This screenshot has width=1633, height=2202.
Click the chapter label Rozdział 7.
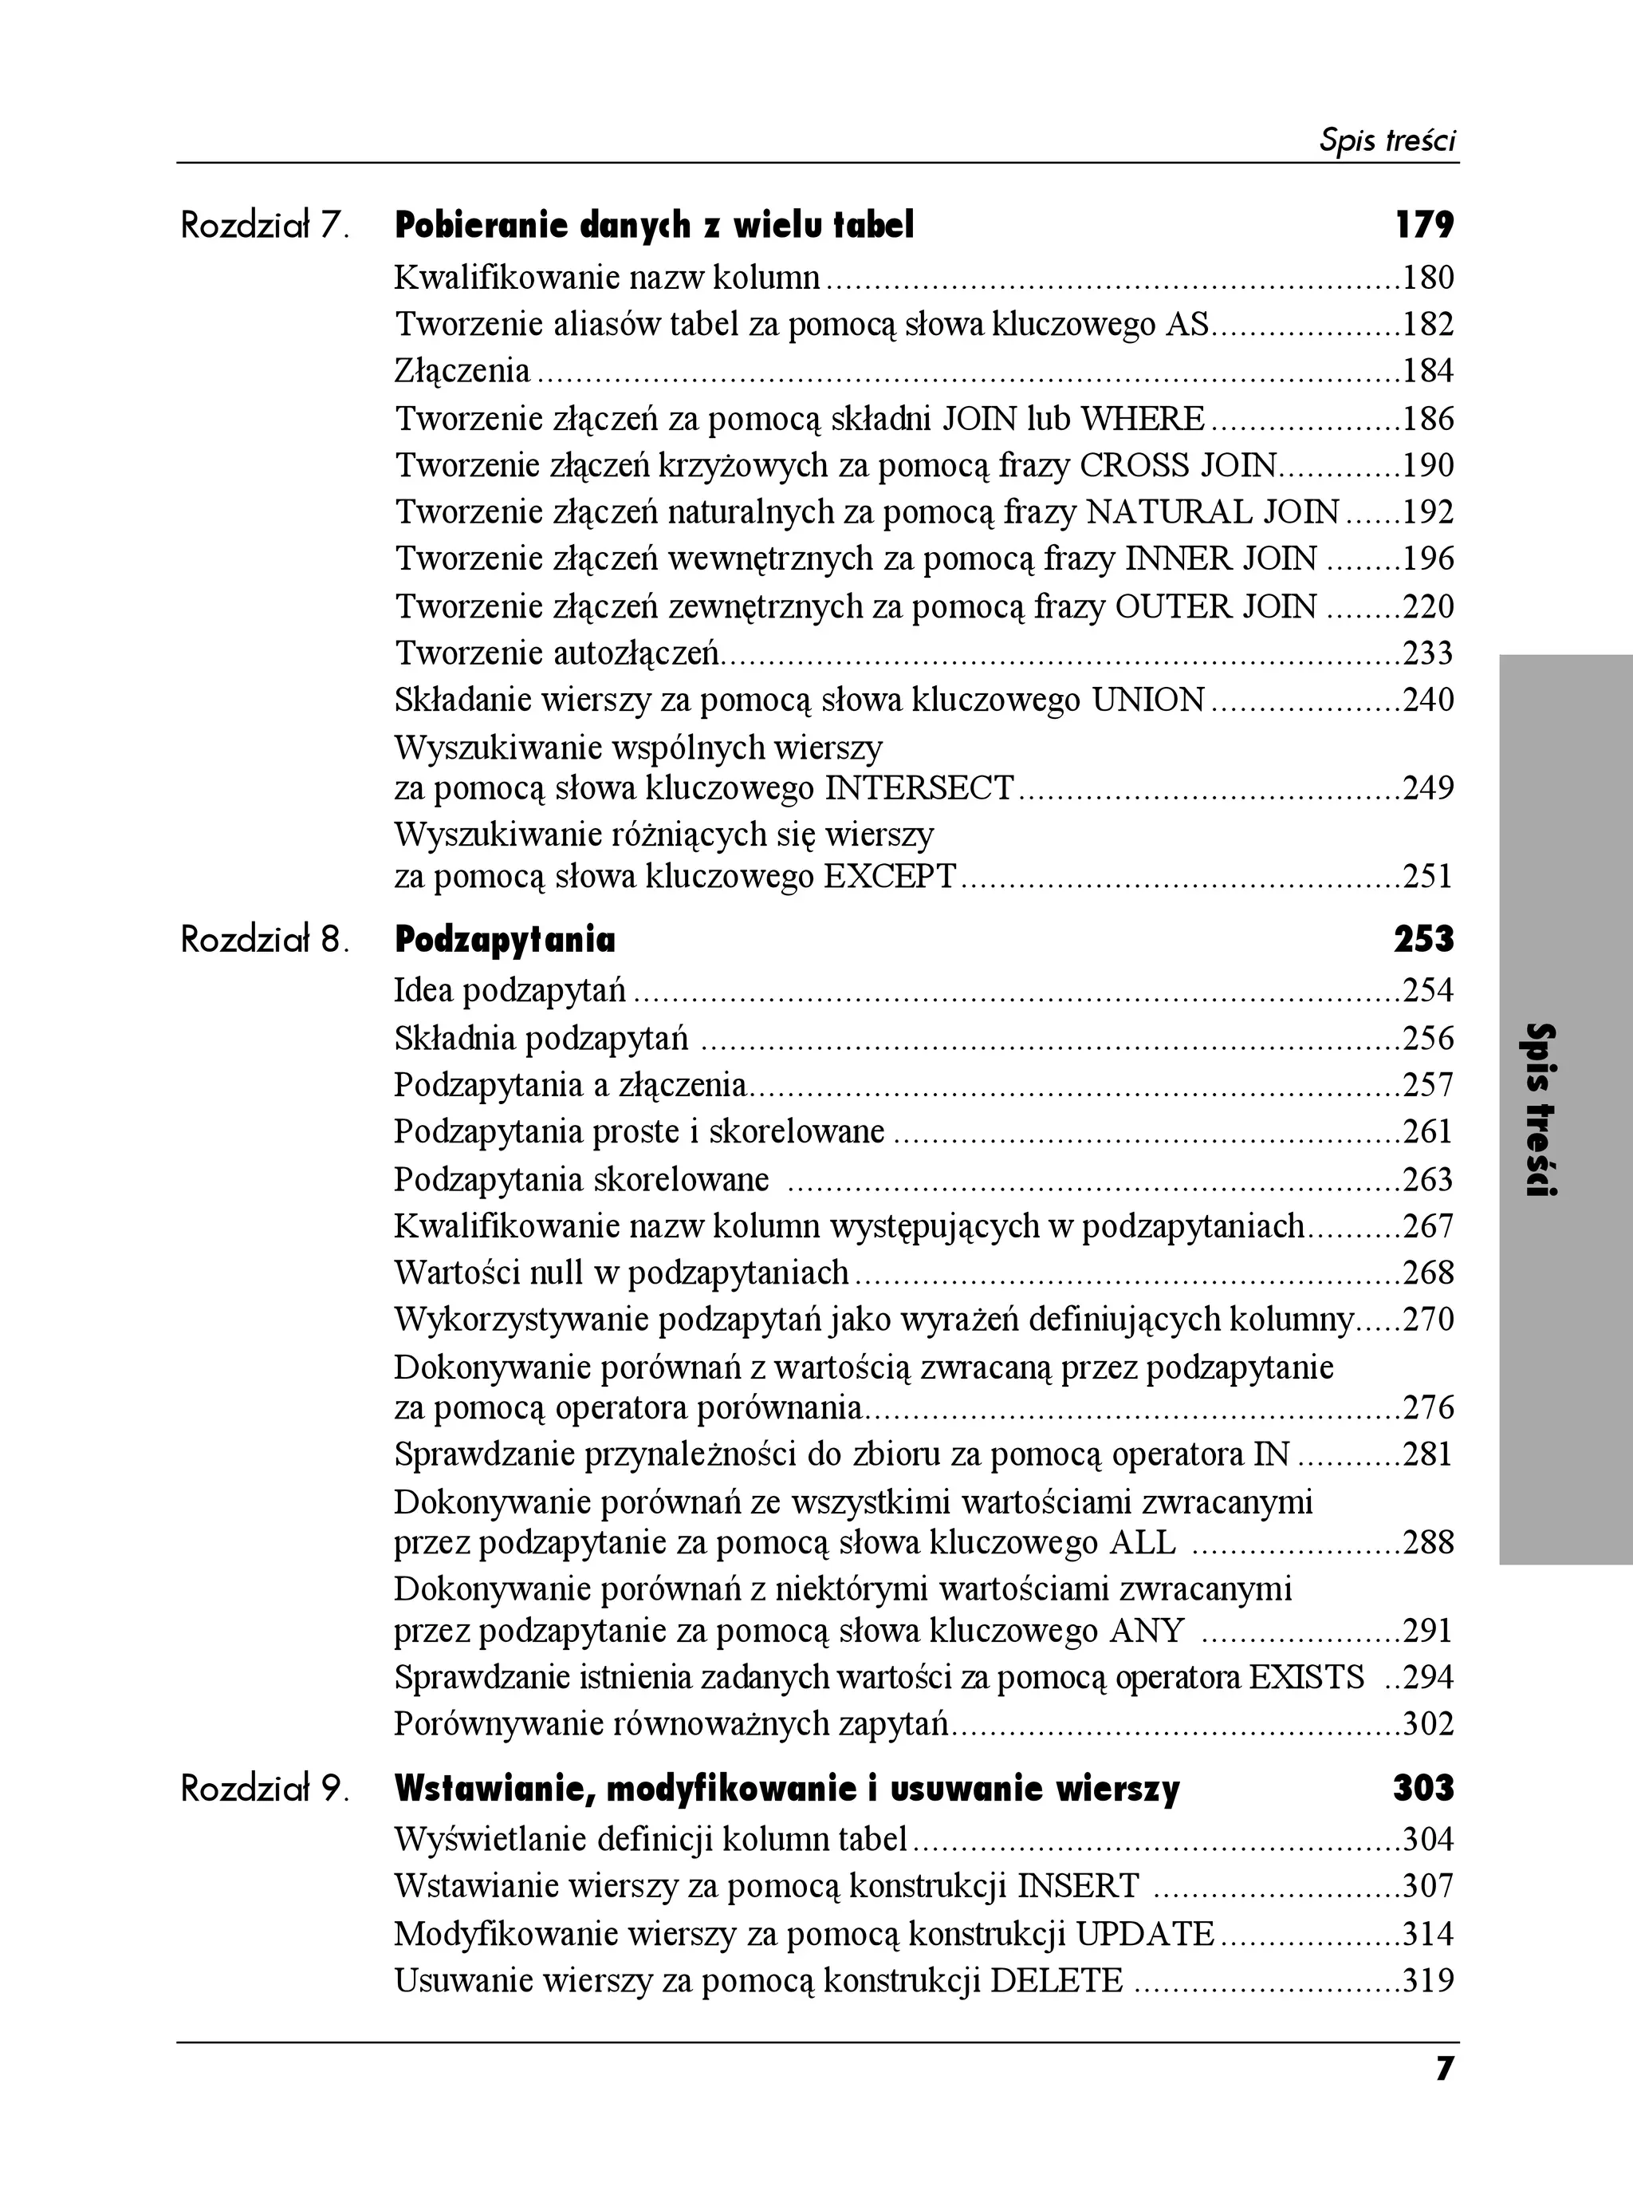[x=265, y=227]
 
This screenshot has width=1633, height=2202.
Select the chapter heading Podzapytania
[x=504, y=939]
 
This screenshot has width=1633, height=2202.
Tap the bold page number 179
[x=1423, y=227]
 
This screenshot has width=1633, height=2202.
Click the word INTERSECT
[x=919, y=788]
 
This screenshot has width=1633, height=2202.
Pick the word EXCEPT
[x=890, y=876]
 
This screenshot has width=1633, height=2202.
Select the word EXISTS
[x=1306, y=1677]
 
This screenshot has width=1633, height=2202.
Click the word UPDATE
[x=1145, y=1933]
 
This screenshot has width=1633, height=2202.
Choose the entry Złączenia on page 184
[x=462, y=371]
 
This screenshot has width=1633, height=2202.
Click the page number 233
[x=1428, y=653]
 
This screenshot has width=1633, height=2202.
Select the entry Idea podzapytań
[x=510, y=990]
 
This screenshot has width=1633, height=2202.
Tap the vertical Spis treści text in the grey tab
[x=1540, y=1110]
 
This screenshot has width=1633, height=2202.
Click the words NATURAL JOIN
[x=1213, y=512]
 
